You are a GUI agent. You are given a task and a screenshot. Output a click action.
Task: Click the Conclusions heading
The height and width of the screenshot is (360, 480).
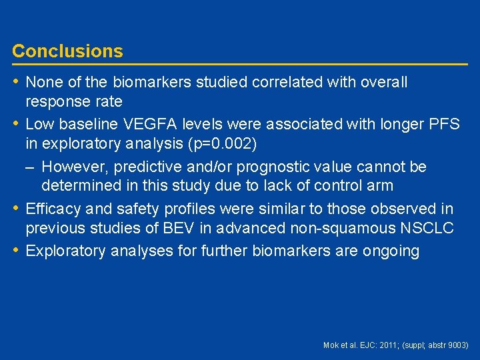point(67,51)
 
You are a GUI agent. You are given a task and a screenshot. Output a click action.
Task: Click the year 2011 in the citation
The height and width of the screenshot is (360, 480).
point(389,345)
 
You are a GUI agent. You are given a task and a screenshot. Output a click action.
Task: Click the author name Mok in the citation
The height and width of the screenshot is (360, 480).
point(331,345)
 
